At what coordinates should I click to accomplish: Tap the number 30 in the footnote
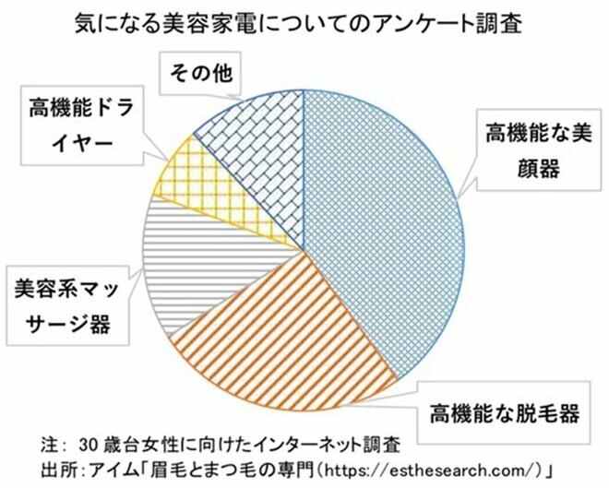90,438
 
